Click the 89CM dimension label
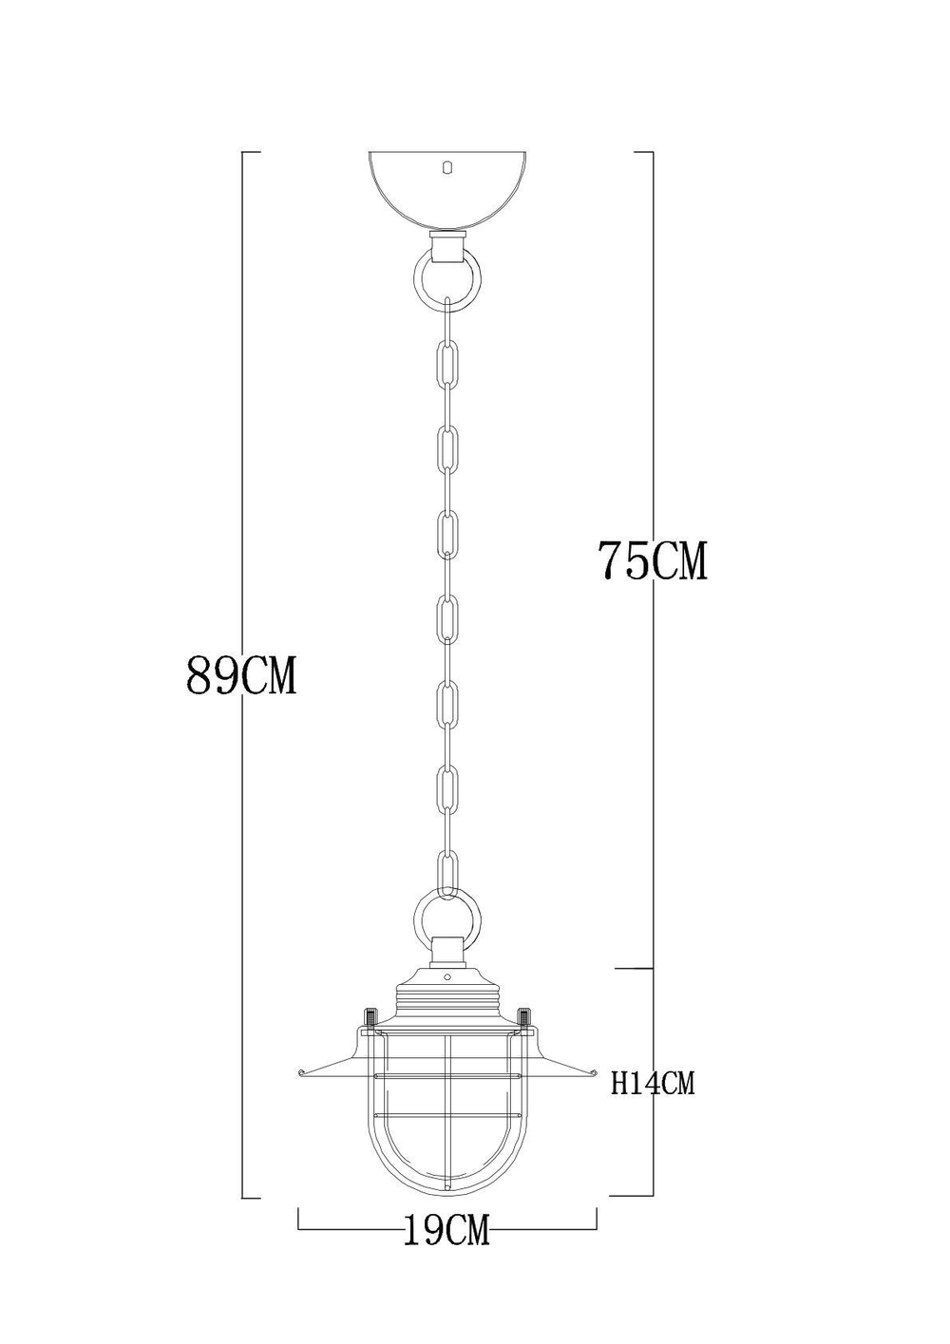[x=242, y=676]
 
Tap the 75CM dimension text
[x=653, y=560]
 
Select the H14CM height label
[x=653, y=1083]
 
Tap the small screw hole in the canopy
[x=447, y=167]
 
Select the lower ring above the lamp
[x=446, y=917]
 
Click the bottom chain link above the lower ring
[x=446, y=871]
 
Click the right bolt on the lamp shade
[x=523, y=1018]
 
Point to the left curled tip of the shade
[x=303, y=1073]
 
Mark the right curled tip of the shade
[x=591, y=1073]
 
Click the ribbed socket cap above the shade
[x=446, y=997]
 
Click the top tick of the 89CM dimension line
[x=251, y=152]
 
